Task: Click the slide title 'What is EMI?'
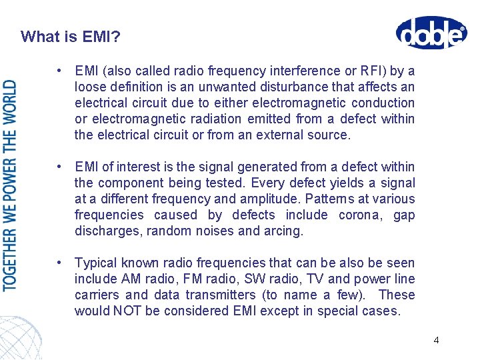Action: click(71, 36)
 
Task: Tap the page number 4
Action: click(436, 340)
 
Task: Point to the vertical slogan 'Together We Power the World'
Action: click(10, 185)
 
